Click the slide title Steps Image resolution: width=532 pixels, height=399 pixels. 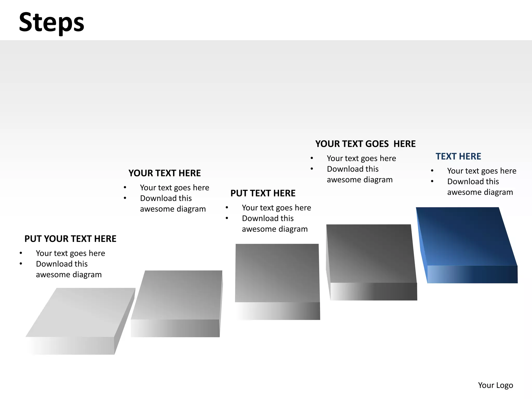click(51, 22)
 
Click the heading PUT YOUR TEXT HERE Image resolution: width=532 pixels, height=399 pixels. click(70, 239)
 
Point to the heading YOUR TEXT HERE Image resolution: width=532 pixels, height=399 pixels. click(164, 173)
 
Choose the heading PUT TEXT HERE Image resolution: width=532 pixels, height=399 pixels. click(263, 193)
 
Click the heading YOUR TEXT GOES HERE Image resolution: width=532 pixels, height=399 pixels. click(365, 144)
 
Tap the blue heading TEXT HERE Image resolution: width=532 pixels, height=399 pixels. click(458, 156)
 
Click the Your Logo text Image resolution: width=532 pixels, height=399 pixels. click(495, 385)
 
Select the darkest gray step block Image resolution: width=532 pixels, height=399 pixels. click(370, 255)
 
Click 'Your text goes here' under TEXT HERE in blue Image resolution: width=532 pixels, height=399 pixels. click(482, 171)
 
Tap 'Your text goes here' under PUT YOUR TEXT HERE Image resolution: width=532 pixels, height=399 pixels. click(70, 253)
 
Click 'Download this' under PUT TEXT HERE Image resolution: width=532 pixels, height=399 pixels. click(268, 218)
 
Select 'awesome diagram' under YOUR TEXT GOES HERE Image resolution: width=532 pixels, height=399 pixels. click(360, 180)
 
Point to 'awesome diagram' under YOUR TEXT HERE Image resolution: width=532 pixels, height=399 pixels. click(173, 209)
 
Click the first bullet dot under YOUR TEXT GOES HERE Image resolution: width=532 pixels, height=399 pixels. click(312, 158)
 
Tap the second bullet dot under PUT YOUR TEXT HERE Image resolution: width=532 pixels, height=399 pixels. click(21, 264)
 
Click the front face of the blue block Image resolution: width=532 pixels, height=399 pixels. click(472, 275)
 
